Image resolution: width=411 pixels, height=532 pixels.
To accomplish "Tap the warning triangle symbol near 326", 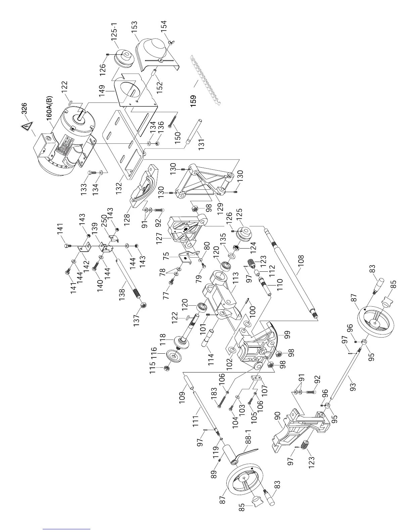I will coord(27,127).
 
